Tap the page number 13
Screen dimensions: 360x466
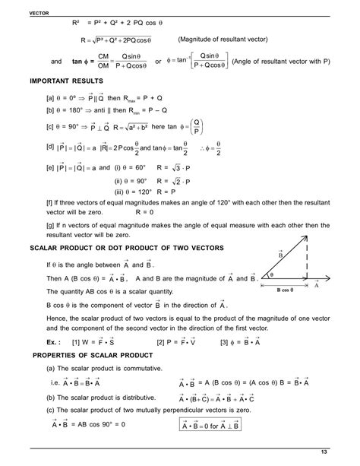[x=346, y=453]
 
